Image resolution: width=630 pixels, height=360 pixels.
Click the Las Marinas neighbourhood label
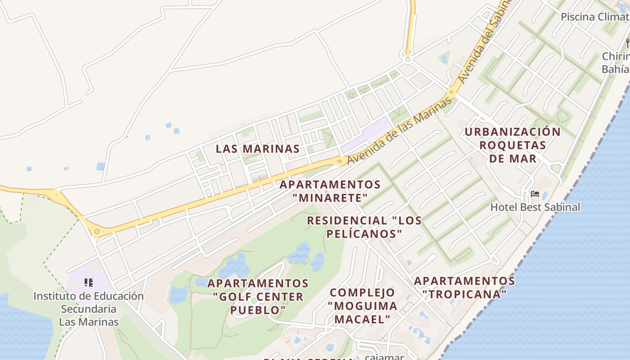pyautogui.click(x=257, y=149)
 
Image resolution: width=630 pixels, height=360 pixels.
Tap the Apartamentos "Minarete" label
pyautogui.click(x=330, y=191)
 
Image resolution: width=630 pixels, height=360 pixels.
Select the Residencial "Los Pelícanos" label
pyautogui.click(x=364, y=227)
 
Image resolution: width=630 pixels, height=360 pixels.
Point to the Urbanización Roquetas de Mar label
pyautogui.click(x=513, y=145)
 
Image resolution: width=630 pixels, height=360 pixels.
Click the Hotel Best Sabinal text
pyautogui.click(x=535, y=207)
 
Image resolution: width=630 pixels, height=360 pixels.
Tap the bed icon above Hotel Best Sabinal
pyautogui.click(x=535, y=194)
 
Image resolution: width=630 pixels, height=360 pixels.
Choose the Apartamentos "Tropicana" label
pyautogui.click(x=464, y=288)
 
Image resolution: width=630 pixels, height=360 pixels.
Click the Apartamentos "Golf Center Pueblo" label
pyautogui.click(x=258, y=297)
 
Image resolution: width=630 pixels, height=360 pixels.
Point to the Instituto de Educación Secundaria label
pyautogui.click(x=89, y=309)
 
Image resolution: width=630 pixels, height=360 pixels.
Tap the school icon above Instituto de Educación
pyautogui.click(x=89, y=283)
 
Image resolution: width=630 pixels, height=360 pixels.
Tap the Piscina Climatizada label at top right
pyautogui.click(x=594, y=17)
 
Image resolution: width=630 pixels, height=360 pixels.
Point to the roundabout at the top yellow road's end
pyautogui.click(x=408, y=59)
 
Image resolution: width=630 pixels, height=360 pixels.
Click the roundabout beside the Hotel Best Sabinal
pyautogui.click(x=556, y=169)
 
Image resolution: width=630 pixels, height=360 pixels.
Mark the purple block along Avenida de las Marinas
pyautogui.click(x=364, y=135)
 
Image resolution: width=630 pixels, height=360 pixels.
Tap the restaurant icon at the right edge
pyautogui.click(x=627, y=43)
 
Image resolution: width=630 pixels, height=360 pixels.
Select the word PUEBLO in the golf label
pyautogui.click(x=258, y=310)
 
